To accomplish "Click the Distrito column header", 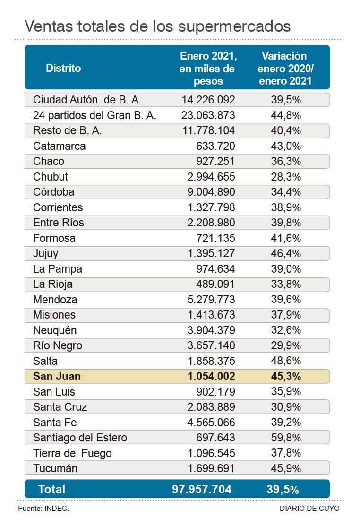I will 63,68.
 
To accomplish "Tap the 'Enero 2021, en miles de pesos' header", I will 208,68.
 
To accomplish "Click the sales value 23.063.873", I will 208,115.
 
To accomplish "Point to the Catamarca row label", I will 60,146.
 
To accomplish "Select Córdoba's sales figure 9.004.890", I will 208,192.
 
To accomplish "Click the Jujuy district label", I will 46,253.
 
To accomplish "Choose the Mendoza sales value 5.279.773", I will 208,300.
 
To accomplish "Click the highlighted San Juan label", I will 57,377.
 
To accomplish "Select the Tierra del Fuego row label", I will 73,453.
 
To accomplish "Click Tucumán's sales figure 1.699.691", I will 208,469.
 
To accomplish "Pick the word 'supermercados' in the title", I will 235,25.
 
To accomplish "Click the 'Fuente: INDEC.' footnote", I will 43,509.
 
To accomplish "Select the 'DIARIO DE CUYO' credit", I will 309,509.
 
